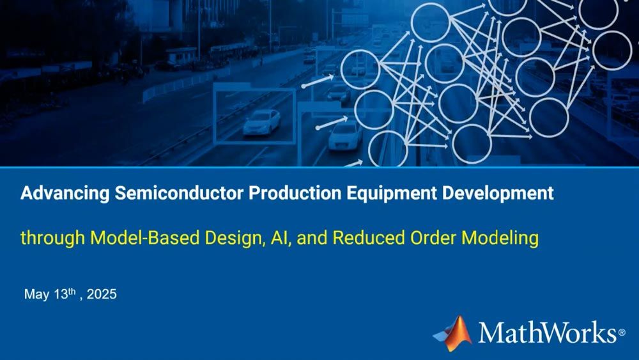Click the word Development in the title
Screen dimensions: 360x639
[492, 194]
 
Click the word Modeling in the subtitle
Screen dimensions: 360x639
[500, 239]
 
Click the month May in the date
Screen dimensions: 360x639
[35, 295]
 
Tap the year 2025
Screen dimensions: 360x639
[102, 295]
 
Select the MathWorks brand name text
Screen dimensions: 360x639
[547, 333]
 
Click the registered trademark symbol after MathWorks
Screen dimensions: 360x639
[621, 333]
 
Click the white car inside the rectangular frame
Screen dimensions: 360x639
[261, 121]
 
